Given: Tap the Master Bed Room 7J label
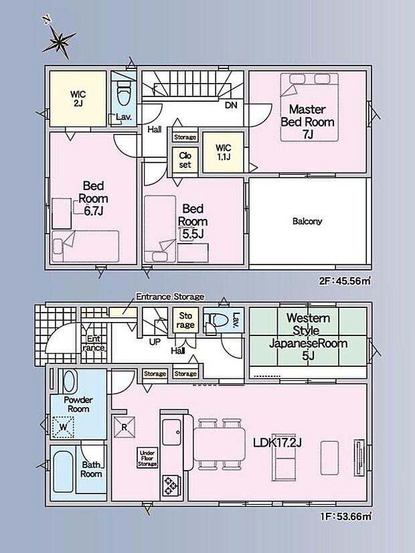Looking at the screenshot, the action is pyautogui.click(x=307, y=122).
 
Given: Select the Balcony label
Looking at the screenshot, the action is pyautogui.click(x=307, y=221).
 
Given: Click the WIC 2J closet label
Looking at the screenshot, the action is pyautogui.click(x=78, y=99).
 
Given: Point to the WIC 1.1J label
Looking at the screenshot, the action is pyautogui.click(x=223, y=153).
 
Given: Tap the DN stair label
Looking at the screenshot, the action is pyautogui.click(x=231, y=105).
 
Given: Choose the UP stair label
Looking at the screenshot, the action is pyautogui.click(x=155, y=341).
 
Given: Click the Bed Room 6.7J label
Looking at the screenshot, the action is pyautogui.click(x=93, y=198).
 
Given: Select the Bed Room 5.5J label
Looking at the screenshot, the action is pyautogui.click(x=193, y=221).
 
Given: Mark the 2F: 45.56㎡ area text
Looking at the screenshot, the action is pyautogui.click(x=345, y=281).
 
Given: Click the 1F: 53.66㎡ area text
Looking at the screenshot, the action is pyautogui.click(x=345, y=517).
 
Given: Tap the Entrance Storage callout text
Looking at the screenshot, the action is pyautogui.click(x=170, y=297).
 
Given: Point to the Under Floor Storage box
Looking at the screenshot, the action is pyautogui.click(x=147, y=458).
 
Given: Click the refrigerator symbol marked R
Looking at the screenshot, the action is pyautogui.click(x=124, y=426).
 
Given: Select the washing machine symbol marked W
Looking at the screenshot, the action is pyautogui.click(x=63, y=427).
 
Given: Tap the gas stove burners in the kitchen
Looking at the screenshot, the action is pyautogui.click(x=171, y=485).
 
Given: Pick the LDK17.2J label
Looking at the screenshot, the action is pyautogui.click(x=277, y=443).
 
